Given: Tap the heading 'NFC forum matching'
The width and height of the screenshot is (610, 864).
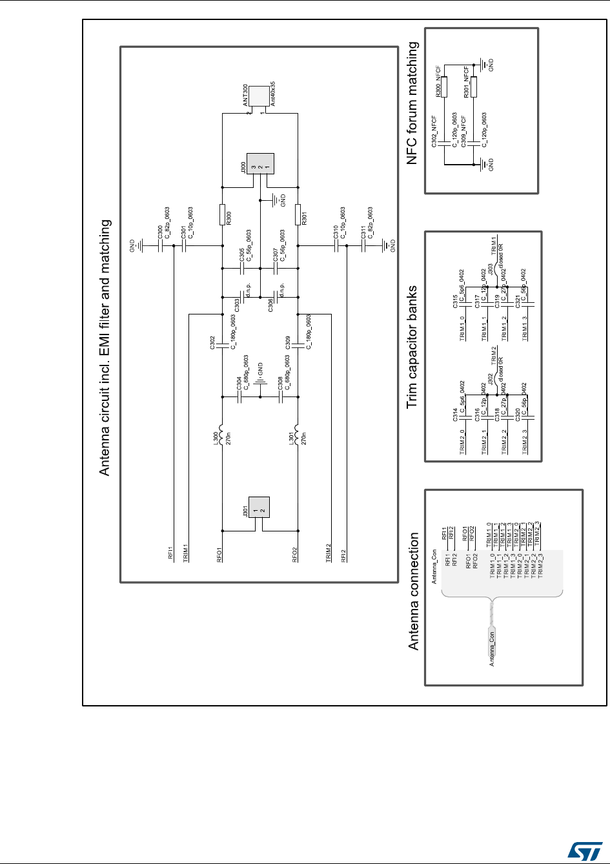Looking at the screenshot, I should pyautogui.click(x=413, y=103).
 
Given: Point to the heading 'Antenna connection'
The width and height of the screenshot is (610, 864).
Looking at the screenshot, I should pyautogui.click(x=413, y=591).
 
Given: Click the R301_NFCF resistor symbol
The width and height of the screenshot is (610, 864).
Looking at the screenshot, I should pyautogui.click(x=474, y=87).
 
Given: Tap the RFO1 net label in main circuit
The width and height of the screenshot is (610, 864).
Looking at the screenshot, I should pyautogui.click(x=220, y=556).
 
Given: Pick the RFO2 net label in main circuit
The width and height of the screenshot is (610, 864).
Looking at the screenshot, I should pyautogui.click(x=296, y=556).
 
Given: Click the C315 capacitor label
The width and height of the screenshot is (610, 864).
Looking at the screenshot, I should pyautogui.click(x=455, y=301).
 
